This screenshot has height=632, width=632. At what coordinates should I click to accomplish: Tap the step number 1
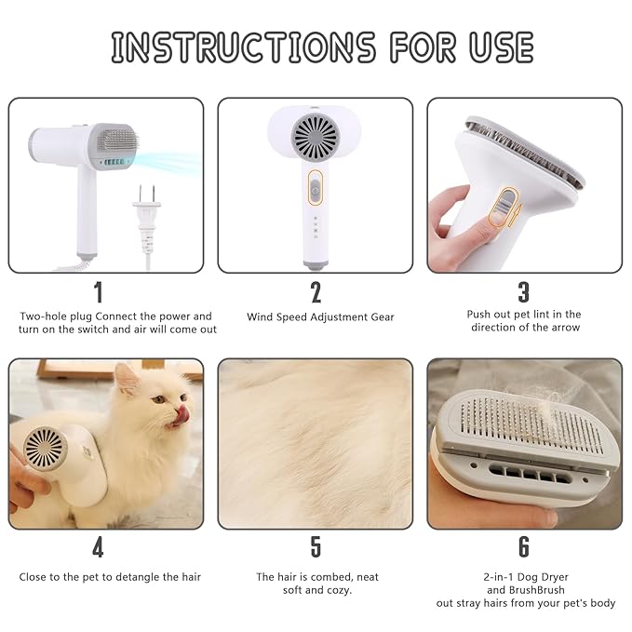coord(99,292)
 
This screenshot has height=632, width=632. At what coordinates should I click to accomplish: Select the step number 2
coord(316,292)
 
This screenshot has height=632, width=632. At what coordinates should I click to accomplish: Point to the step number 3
coord(523,292)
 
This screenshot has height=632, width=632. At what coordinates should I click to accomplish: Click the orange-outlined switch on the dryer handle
coord(315,191)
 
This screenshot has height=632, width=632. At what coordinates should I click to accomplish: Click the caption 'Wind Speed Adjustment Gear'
coord(320,317)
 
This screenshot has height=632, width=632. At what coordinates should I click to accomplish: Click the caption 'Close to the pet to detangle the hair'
coord(110,577)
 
